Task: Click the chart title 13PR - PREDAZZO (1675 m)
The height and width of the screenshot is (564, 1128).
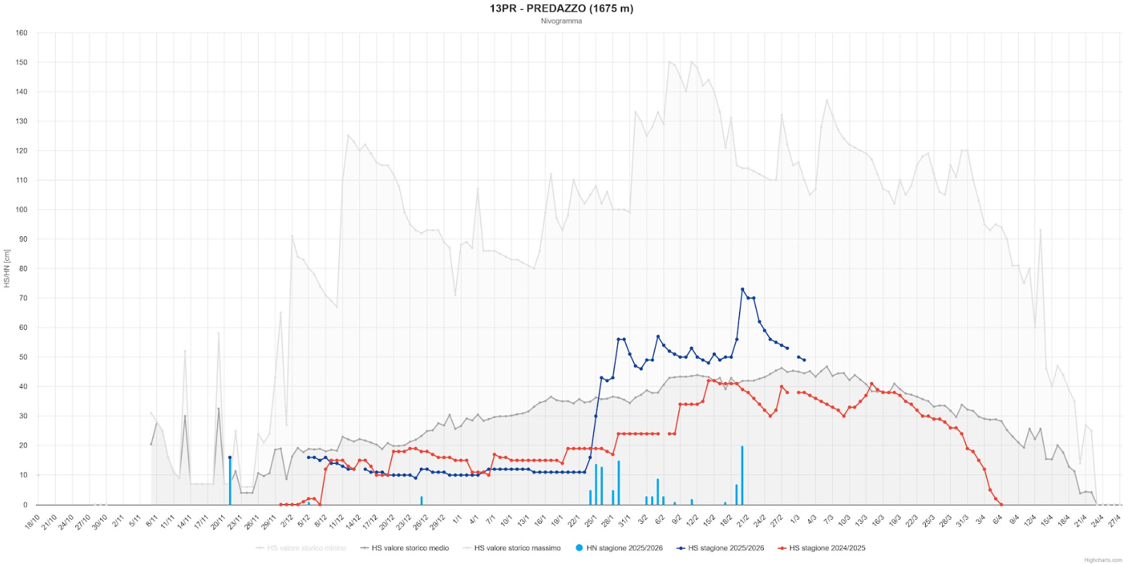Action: pyautogui.click(x=562, y=8)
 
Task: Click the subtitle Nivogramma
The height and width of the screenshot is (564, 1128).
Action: pyautogui.click(x=562, y=21)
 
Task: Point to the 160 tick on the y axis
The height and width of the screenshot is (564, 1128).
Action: pyautogui.click(x=22, y=32)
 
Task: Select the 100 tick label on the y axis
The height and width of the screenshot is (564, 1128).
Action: pyautogui.click(x=22, y=209)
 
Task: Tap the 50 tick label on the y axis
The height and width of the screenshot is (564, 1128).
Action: pyautogui.click(x=23, y=357)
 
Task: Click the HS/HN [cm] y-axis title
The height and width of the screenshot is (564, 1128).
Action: pyautogui.click(x=7, y=269)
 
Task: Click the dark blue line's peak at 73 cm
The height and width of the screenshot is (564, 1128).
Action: pyautogui.click(x=743, y=289)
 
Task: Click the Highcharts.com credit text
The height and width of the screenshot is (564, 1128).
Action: pyautogui.click(x=1103, y=560)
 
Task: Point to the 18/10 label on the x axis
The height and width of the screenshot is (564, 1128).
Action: pyautogui.click(x=32, y=522)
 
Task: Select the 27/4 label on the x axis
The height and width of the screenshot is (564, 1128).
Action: pyautogui.click(x=1114, y=522)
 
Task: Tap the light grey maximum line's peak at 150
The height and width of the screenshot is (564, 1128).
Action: pyautogui.click(x=669, y=62)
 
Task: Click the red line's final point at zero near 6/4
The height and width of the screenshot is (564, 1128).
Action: pyautogui.click(x=1001, y=504)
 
